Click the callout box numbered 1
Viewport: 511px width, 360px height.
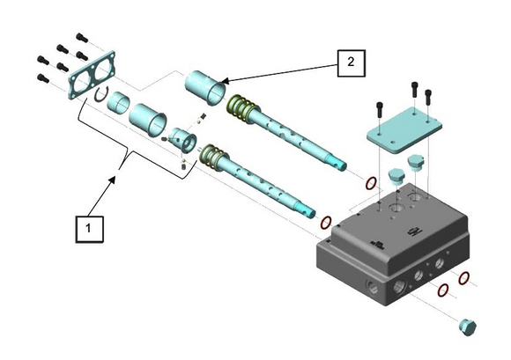pyautogui.click(x=90, y=229)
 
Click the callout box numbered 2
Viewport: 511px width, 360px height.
pyautogui.click(x=351, y=63)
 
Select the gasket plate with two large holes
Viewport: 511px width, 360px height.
pyautogui.click(x=93, y=75)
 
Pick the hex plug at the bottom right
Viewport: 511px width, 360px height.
pyautogui.click(x=468, y=327)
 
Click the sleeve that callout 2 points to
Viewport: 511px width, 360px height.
pyautogui.click(x=205, y=87)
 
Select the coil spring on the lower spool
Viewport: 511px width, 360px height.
pyautogui.click(x=211, y=158)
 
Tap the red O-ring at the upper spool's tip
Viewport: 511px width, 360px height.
pyautogui.click(x=371, y=184)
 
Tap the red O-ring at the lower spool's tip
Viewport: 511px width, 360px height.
pyautogui.click(x=326, y=223)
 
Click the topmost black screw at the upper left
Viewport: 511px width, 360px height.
pyautogui.click(x=82, y=38)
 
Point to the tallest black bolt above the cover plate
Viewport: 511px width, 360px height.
pyautogui.click(x=414, y=89)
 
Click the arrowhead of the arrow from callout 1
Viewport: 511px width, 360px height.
pyautogui.click(x=113, y=180)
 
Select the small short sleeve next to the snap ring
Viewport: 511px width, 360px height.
pyautogui.click(x=118, y=102)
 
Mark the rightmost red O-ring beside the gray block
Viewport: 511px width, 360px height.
pyautogui.click(x=463, y=278)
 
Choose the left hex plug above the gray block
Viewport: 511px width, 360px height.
pyautogui.click(x=396, y=176)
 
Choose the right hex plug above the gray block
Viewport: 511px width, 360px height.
pyautogui.click(x=416, y=163)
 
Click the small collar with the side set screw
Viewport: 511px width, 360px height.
pyautogui.click(x=184, y=140)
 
